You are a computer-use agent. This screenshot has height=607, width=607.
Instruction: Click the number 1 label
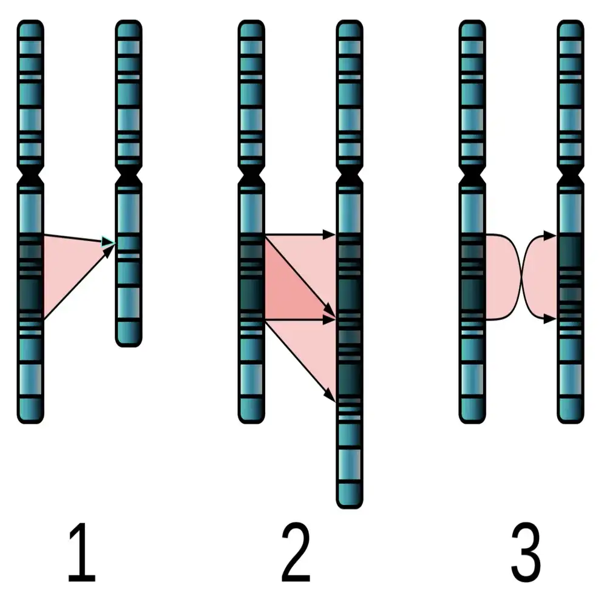81,554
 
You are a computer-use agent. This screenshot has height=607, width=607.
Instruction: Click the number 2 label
296,554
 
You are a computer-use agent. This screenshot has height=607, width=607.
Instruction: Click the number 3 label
526,554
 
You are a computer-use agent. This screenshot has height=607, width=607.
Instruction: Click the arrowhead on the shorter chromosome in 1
110,244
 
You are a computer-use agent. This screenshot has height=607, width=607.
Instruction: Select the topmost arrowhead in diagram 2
331,234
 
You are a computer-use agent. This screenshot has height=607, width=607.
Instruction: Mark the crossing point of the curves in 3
522,276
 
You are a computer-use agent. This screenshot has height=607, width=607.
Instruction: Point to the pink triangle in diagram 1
64,267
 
